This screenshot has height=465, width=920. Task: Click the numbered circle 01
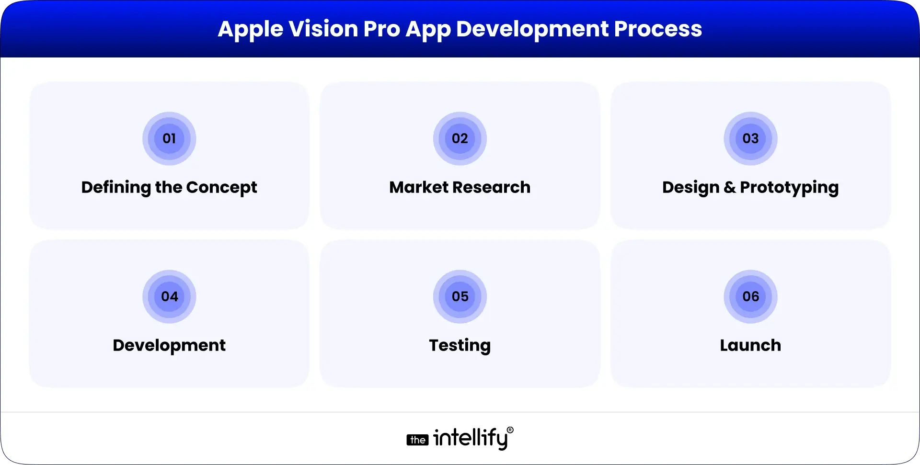pos(169,139)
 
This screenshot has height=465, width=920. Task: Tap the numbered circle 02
pos(460,139)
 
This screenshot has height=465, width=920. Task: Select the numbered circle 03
pos(750,139)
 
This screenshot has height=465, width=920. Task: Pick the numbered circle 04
pos(169,296)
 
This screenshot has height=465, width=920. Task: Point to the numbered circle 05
pos(460,296)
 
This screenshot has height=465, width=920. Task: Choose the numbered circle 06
pos(750,296)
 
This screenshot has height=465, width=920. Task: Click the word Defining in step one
pos(115,187)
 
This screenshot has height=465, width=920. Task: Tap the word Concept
pos(221,187)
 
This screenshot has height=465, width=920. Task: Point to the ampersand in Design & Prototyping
pos(729,187)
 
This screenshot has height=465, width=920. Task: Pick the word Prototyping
pos(789,187)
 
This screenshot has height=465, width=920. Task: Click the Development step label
pos(169,345)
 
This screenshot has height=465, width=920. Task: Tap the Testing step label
pos(460,345)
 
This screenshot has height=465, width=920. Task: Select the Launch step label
pos(750,345)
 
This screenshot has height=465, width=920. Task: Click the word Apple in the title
pos(250,29)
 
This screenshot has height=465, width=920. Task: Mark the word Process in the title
pos(658,29)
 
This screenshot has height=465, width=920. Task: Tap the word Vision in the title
pos(323,29)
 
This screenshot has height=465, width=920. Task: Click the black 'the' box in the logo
pos(418,440)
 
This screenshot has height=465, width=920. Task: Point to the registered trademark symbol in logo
pos(510,430)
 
